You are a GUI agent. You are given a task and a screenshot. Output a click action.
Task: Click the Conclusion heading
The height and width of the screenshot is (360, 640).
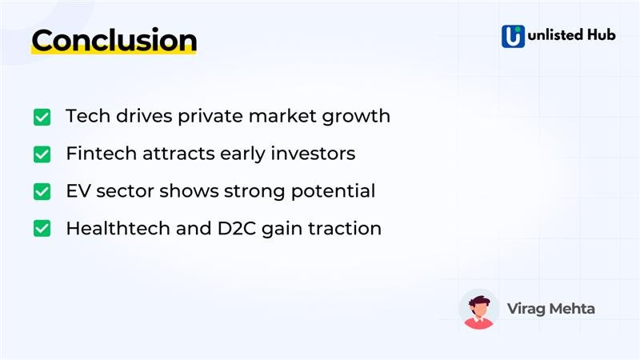tap(114, 40)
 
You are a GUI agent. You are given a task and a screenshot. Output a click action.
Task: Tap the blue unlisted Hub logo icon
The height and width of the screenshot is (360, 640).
tap(513, 37)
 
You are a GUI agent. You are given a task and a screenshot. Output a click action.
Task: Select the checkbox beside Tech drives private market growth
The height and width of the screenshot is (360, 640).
tap(42, 117)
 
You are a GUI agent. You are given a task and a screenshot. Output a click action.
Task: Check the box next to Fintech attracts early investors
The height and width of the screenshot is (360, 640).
tap(42, 154)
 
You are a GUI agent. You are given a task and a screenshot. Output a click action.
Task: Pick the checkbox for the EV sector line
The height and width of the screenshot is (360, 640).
tap(42, 192)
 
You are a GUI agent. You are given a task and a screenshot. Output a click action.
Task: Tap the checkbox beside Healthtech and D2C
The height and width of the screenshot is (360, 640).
tap(42, 229)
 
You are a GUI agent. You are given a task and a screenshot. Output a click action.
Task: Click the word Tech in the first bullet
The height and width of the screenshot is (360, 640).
tap(83, 116)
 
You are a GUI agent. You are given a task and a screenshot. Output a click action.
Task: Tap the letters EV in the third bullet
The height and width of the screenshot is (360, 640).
tap(77, 191)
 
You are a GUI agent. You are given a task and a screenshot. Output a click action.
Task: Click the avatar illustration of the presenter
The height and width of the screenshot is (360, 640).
tap(479, 309)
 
